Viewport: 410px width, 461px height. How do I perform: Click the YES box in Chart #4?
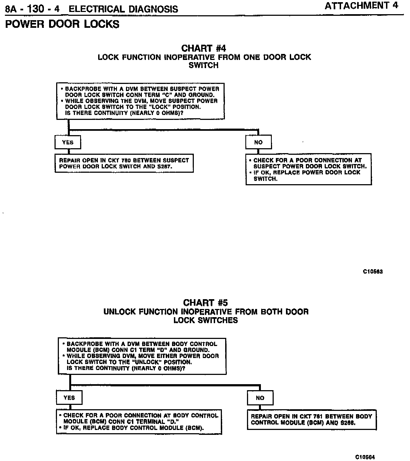(68, 142)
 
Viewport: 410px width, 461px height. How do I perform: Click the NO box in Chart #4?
(258, 142)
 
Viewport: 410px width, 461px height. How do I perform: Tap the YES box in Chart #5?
(69, 398)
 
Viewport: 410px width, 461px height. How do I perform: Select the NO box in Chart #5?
(260, 398)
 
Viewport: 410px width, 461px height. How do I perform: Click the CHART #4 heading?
(204, 48)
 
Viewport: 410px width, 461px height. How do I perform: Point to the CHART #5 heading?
(205, 303)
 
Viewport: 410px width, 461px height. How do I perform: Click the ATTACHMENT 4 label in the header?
(361, 6)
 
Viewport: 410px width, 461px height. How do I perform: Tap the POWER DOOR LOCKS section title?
(62, 24)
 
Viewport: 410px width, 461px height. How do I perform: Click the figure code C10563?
(373, 271)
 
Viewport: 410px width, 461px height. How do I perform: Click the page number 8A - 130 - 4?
(32, 9)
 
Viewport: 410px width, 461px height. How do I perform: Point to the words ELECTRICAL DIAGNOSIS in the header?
(123, 9)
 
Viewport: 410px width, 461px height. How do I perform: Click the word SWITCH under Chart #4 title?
(204, 65)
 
